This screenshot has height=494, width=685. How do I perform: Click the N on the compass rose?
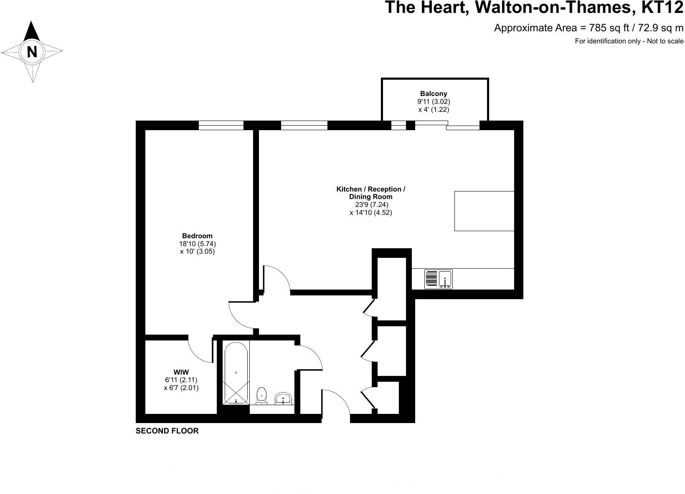(32, 52)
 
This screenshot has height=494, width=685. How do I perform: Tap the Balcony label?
(434, 94)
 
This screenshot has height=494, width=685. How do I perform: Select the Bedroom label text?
(197, 236)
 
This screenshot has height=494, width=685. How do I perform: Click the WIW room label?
(181, 372)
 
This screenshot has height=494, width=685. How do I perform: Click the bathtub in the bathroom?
(236, 373)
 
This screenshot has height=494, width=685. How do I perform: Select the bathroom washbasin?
(284, 398)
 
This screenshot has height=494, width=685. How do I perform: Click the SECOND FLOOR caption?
(167, 431)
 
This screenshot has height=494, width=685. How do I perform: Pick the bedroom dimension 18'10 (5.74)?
(198, 244)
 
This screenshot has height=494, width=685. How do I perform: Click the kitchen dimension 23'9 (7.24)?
(371, 205)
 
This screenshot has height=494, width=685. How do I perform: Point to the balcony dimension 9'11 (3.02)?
(434, 102)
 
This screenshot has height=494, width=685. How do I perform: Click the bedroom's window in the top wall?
(221, 125)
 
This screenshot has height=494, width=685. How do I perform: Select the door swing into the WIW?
(199, 349)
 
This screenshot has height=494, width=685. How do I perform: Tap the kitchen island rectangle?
(484, 211)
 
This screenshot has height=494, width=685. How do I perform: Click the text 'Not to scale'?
(665, 41)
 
